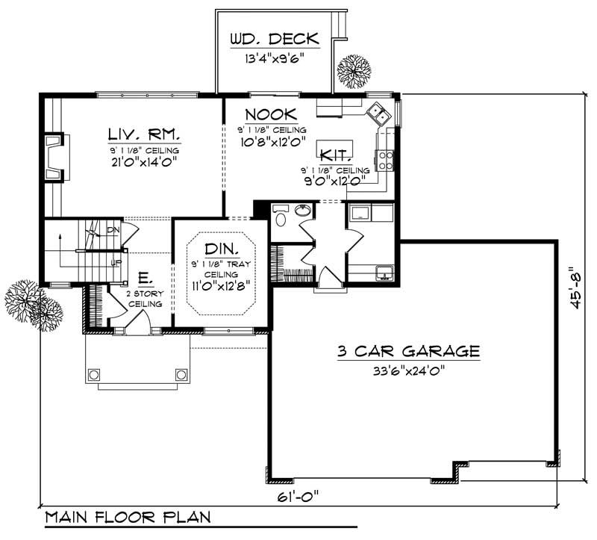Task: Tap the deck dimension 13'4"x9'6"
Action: (273, 56)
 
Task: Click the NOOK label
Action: (270, 114)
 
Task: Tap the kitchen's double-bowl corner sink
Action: (378, 114)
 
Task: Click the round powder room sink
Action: (303, 211)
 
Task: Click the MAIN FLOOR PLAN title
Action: (127, 517)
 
